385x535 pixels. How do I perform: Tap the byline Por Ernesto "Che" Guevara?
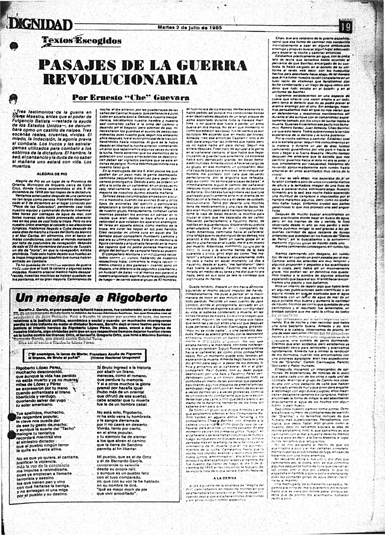131,98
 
